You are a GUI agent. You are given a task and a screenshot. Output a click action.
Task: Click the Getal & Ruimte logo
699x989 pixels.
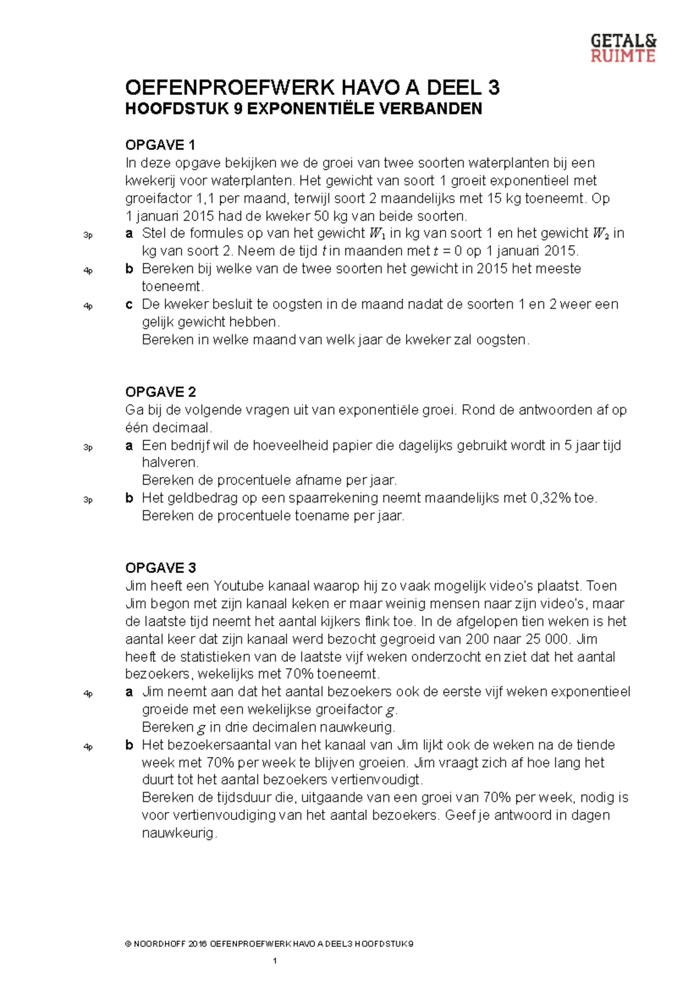click(623, 48)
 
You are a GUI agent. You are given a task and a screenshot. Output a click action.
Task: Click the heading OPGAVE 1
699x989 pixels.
click(160, 145)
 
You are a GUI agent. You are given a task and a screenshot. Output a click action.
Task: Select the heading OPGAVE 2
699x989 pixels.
click(160, 392)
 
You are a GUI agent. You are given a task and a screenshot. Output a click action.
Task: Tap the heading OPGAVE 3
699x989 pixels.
click(160, 568)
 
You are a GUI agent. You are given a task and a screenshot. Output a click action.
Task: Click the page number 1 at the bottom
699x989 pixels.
click(274, 960)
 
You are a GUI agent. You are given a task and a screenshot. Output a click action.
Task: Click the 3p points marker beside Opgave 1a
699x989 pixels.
click(88, 235)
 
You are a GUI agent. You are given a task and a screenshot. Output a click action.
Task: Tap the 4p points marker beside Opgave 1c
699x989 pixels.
click(88, 306)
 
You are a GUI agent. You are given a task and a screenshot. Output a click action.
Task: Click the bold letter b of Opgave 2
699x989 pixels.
click(129, 499)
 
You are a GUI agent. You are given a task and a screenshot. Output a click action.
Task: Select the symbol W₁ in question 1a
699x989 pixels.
click(377, 234)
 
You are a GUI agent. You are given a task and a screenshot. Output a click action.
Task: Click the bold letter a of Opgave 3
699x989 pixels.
click(129, 692)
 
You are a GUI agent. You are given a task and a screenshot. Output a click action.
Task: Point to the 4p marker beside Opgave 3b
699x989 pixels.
click(88, 747)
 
